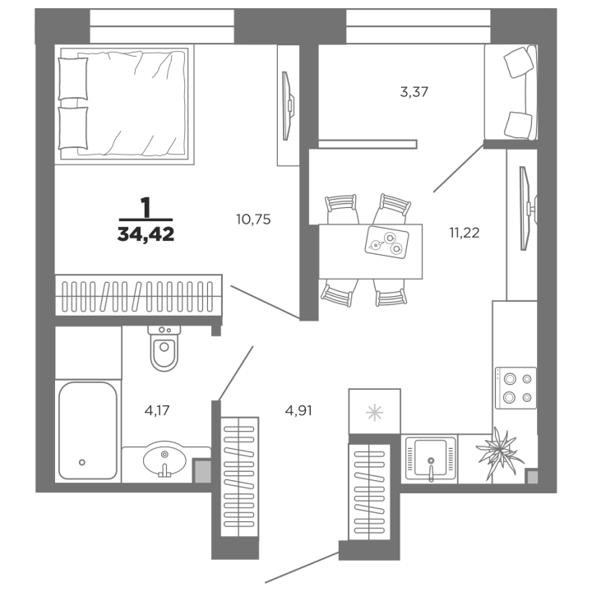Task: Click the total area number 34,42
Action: [146, 234]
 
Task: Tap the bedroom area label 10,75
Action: [253, 220]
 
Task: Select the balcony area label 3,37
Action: [414, 92]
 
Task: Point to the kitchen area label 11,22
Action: [465, 233]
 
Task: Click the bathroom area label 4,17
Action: [157, 410]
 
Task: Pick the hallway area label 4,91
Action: [298, 410]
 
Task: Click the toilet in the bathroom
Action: [164, 348]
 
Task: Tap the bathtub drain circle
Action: [82, 462]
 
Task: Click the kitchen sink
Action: [430, 459]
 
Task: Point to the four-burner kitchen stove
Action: [516, 388]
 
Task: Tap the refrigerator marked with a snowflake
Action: [375, 412]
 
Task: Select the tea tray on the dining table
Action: [386, 242]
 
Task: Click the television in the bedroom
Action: [288, 106]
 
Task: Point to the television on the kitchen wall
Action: [527, 208]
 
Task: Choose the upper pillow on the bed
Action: [73, 79]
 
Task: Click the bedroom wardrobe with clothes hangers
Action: [139, 295]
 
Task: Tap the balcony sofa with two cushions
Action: [511, 92]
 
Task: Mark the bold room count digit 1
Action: [146, 207]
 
